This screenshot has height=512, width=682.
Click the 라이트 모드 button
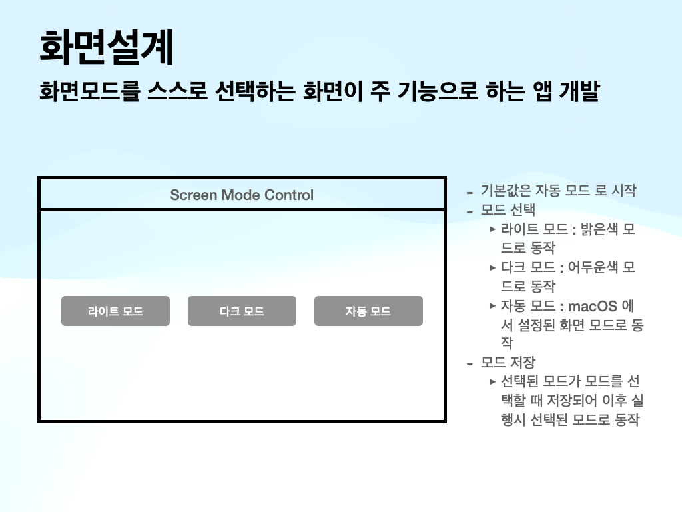pyautogui.click(x=115, y=311)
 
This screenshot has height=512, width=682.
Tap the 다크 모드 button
pyautogui.click(x=242, y=311)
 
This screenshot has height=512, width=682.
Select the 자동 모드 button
pyautogui.click(x=368, y=311)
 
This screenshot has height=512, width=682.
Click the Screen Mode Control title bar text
pyautogui.click(x=242, y=195)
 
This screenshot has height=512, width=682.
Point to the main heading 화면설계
pyautogui.click(x=107, y=47)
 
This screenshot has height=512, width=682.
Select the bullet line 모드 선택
pyautogui.click(x=508, y=211)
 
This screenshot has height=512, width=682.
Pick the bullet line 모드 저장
pyautogui.click(x=508, y=363)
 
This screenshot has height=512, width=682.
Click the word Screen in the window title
pyautogui.click(x=194, y=195)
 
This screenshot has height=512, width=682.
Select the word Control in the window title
pyautogui.click(x=289, y=195)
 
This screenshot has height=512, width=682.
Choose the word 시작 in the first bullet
pyautogui.click(x=622, y=191)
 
